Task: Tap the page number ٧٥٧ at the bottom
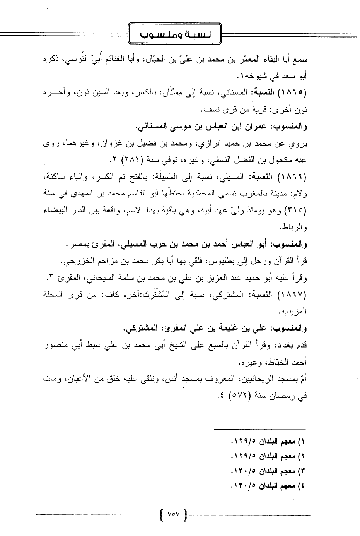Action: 173,514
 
